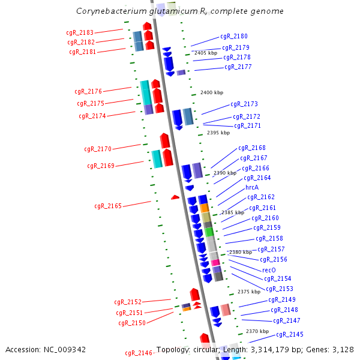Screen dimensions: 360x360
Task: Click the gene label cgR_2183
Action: coord(80,32)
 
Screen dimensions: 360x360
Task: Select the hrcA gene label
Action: coord(252,187)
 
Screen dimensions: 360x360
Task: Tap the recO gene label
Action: coord(269,270)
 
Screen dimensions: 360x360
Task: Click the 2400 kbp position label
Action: coord(211,92)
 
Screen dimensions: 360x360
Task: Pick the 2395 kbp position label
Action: coord(218,133)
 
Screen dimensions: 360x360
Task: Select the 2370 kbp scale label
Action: coord(257,331)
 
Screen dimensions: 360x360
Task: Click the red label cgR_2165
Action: coord(108,206)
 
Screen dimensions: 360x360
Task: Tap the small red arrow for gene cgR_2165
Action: coord(175,197)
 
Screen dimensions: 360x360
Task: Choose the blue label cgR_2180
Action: coord(233,37)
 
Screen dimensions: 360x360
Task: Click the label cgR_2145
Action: coord(289,334)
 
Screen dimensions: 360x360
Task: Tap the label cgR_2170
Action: coord(98,148)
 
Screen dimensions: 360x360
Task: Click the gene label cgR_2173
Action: coord(244,104)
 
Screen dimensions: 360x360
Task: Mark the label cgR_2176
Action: coord(89,91)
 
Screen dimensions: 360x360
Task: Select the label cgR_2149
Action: coord(282,299)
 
